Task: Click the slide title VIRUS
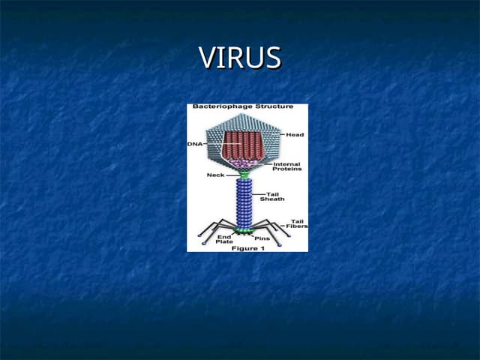coord(240,58)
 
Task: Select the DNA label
coord(194,143)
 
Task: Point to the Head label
coord(295,135)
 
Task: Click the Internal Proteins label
coord(287,166)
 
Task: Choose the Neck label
coord(215,175)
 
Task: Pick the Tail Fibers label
coord(298,223)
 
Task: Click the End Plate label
coord(224,239)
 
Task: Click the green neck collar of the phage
coord(244,174)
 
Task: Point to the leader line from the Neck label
coord(232,175)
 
